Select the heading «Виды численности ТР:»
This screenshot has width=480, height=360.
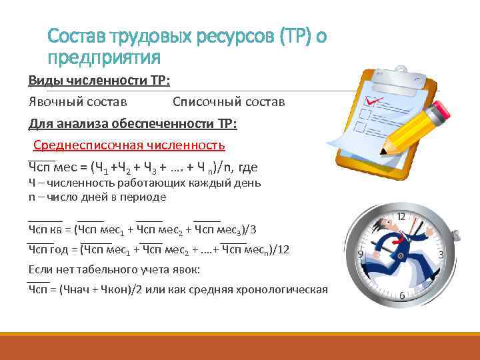point(99,81)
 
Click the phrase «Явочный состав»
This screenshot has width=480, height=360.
point(78,102)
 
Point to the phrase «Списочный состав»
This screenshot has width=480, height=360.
point(229,102)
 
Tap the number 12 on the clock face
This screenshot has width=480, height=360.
point(401,217)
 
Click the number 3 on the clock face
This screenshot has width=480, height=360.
point(442,255)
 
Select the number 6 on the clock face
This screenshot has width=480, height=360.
point(402,295)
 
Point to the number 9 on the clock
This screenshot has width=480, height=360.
point(361,255)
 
